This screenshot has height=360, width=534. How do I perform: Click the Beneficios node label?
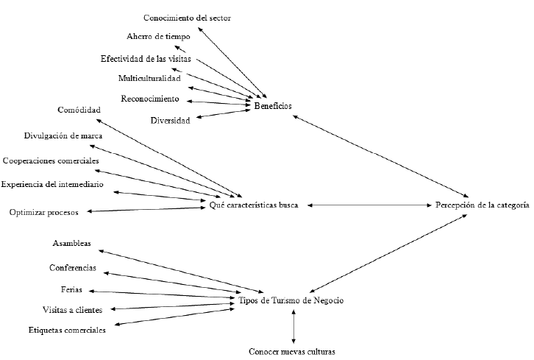[x=273, y=106]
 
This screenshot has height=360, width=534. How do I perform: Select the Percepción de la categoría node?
[x=482, y=205]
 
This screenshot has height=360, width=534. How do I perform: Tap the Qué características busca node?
[x=254, y=205]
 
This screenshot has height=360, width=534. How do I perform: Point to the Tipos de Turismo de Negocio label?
[x=291, y=301]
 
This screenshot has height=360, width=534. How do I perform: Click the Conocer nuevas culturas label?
[x=292, y=351]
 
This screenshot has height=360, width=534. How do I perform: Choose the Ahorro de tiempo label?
[x=159, y=36]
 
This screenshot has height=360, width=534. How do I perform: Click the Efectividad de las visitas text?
[x=146, y=59]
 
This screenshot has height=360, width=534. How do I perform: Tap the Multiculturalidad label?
[x=149, y=78]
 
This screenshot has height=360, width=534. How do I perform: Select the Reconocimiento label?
[x=149, y=99]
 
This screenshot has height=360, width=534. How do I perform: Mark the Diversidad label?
[x=171, y=120]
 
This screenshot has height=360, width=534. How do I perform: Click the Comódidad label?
[x=79, y=110]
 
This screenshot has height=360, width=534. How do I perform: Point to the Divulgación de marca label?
[x=63, y=135]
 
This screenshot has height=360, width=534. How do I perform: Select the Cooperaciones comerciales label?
[x=51, y=160]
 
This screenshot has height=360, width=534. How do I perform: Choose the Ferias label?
[x=71, y=289]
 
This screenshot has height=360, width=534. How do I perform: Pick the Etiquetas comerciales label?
[x=67, y=330]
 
